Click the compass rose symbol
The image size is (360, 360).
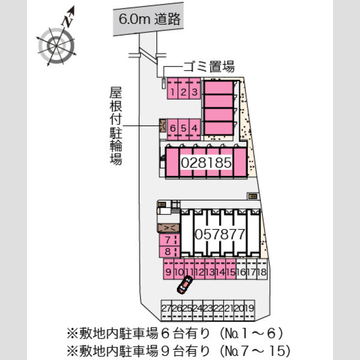tap(56, 46)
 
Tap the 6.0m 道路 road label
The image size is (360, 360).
tap(149, 19)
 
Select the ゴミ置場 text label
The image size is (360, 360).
tap(209, 67)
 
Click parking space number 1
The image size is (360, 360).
tap(173, 89)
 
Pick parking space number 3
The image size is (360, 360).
tap(194, 89)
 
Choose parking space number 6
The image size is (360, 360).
tap(173, 130)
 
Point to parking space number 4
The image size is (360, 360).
tap(194, 130)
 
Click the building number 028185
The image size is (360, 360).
tap(206, 163)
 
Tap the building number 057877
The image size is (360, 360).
tap(220, 235)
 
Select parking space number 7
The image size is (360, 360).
tap(169, 240)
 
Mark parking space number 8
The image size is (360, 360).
tap(169, 251)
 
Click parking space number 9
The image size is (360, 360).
tap(169, 269)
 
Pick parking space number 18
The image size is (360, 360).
tap(262, 269)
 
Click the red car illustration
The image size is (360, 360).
tap(185, 284)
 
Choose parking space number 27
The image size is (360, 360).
tap(166, 310)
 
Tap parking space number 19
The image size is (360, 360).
tap(250, 310)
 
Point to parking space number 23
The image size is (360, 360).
tap(208, 310)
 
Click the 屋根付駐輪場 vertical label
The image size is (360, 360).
tap(116, 126)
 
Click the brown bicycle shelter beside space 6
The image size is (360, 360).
tap(163, 125)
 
